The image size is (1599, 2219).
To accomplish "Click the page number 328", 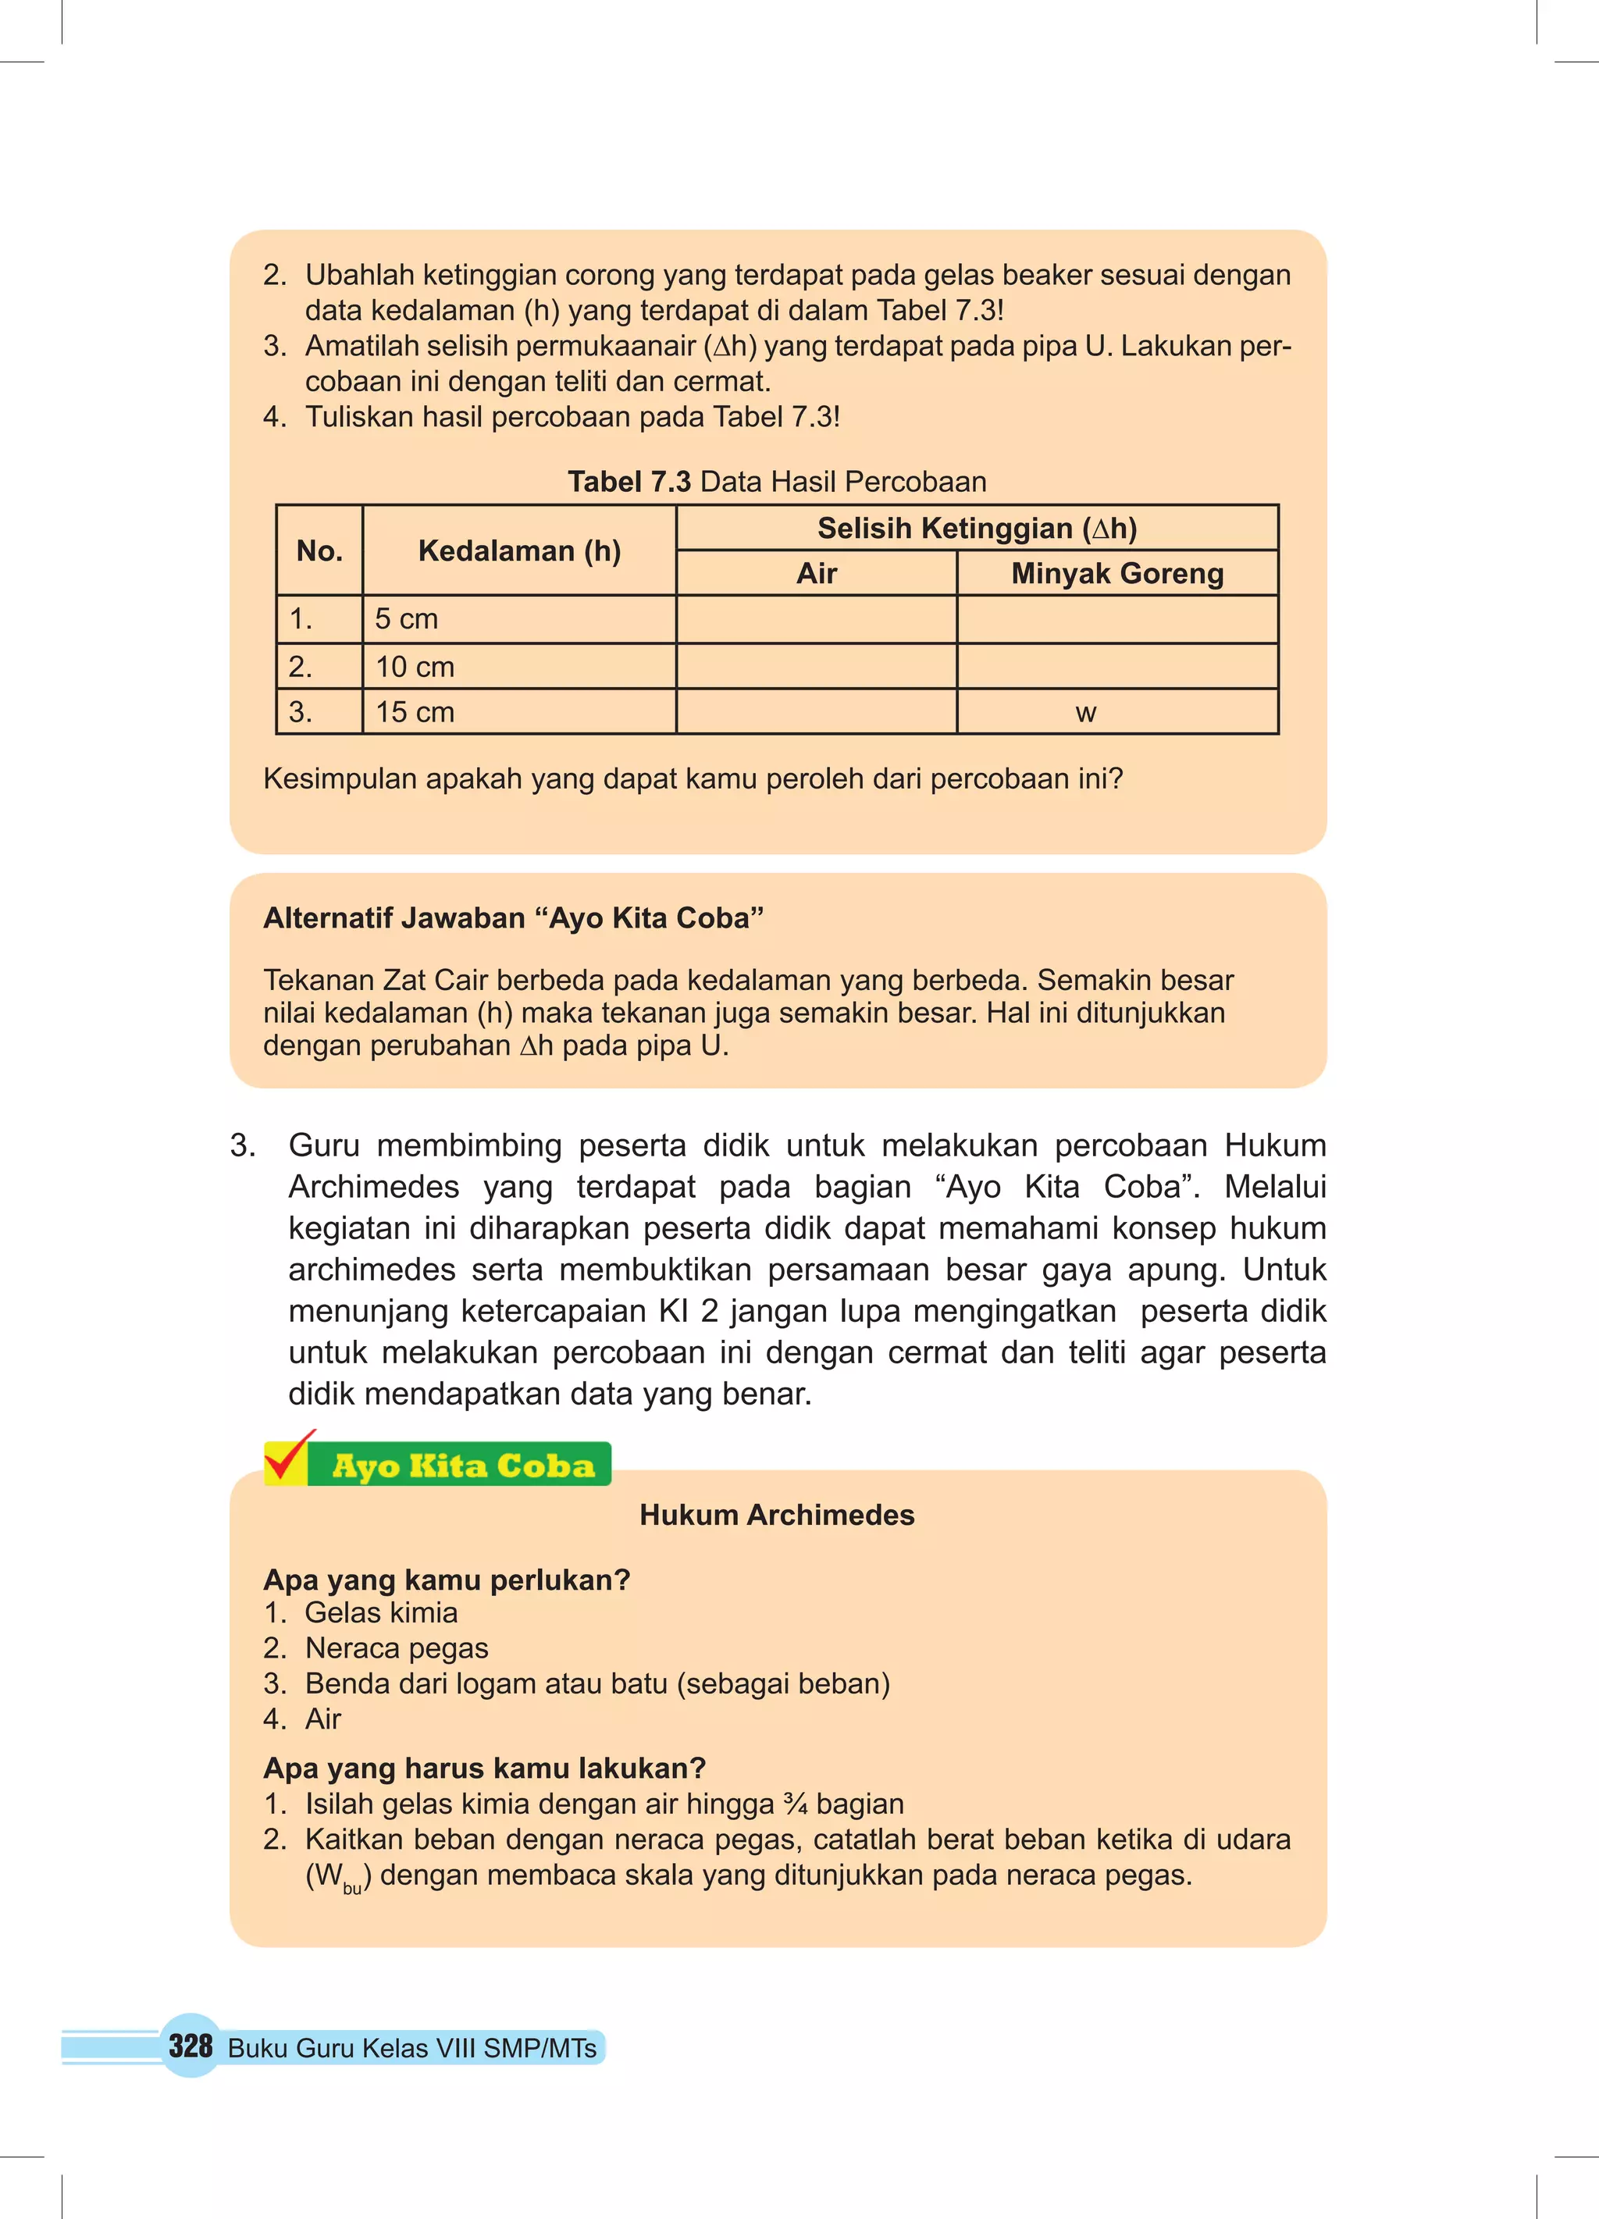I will [190, 2045].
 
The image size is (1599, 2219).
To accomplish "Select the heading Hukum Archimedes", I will [776, 1515].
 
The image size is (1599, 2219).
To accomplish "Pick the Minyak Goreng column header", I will [1116, 573].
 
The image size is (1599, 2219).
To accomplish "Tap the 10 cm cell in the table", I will [415, 668].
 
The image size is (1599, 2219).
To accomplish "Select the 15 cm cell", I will [415, 712].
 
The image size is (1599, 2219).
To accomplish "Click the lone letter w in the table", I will [1085, 714].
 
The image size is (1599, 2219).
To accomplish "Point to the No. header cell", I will [319, 550].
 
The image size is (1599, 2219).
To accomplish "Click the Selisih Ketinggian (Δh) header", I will [977, 529].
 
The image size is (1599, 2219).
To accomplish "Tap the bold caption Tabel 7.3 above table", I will [629, 482].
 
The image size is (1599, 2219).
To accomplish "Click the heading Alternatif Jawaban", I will [513, 917].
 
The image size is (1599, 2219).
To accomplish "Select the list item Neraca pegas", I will [397, 1647].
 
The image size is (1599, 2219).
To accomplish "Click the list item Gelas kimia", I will [381, 1612].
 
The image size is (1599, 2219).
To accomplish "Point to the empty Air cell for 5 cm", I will [815, 619].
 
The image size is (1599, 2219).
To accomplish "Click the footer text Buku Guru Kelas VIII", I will [411, 2048].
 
